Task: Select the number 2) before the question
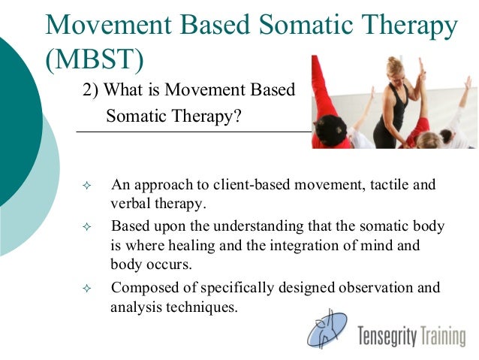coord(91,91)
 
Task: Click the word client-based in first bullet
coord(239,185)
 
